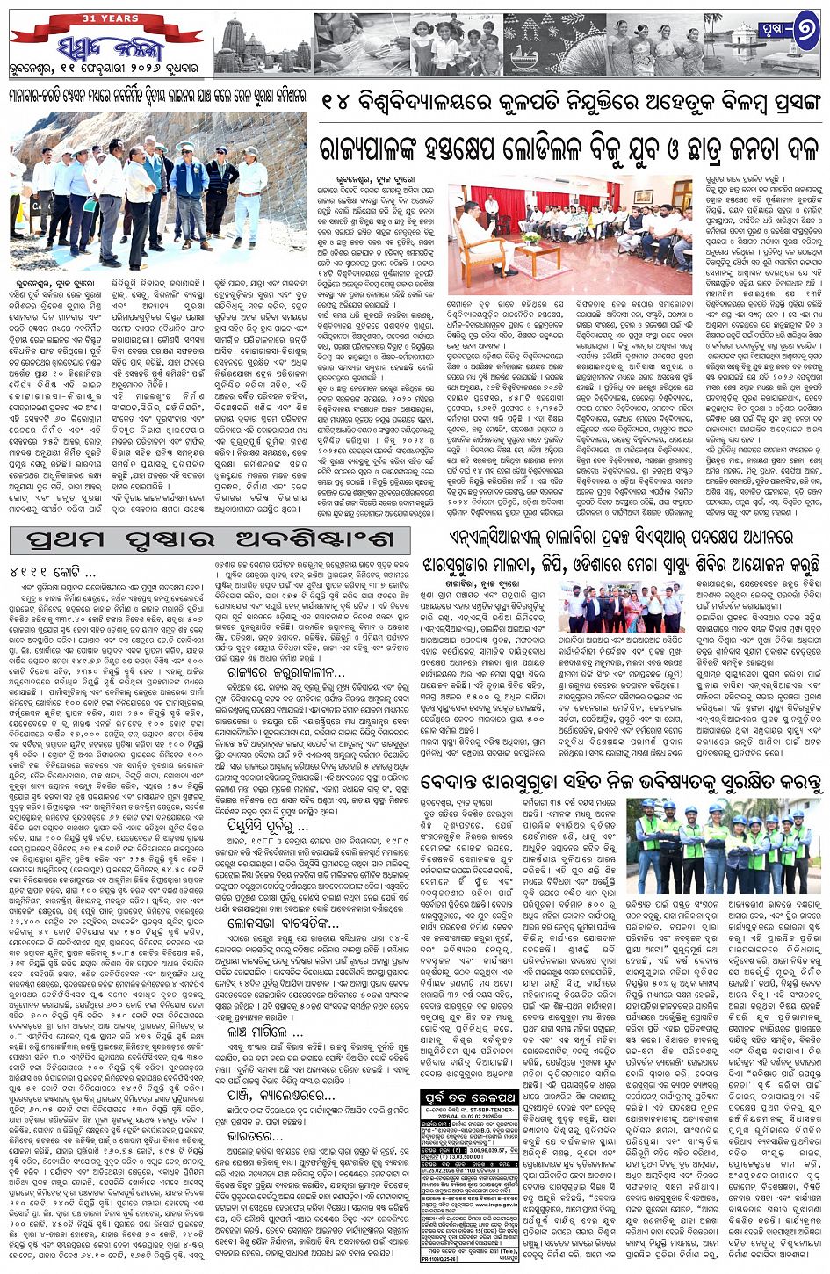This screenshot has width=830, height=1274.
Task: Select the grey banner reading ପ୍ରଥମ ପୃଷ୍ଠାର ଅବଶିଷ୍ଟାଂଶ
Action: tap(210, 539)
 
